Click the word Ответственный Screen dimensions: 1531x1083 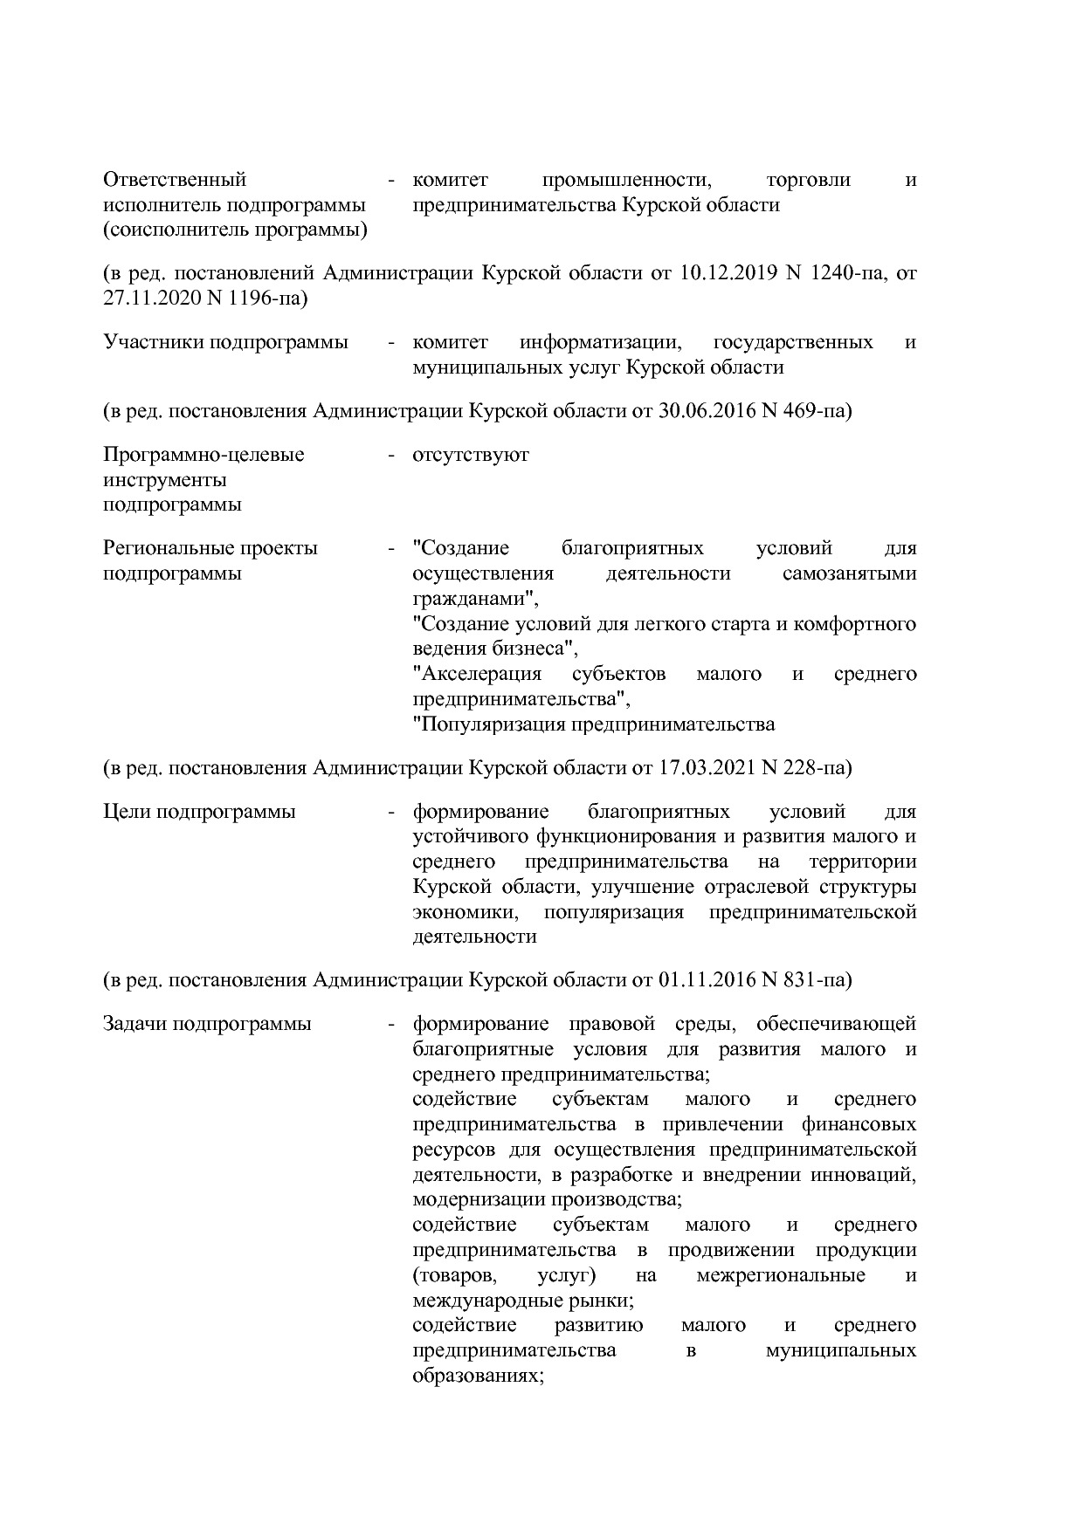[x=175, y=180]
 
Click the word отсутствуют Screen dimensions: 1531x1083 [x=471, y=455]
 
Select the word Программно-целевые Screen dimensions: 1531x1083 [x=203, y=455]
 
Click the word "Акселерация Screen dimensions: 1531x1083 [x=477, y=674]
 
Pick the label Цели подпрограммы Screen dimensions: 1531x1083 [x=199, y=812]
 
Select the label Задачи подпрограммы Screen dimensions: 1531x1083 [x=207, y=1024]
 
